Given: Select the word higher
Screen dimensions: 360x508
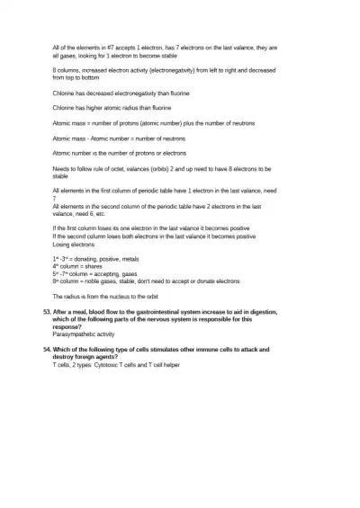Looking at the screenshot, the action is [94, 107].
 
